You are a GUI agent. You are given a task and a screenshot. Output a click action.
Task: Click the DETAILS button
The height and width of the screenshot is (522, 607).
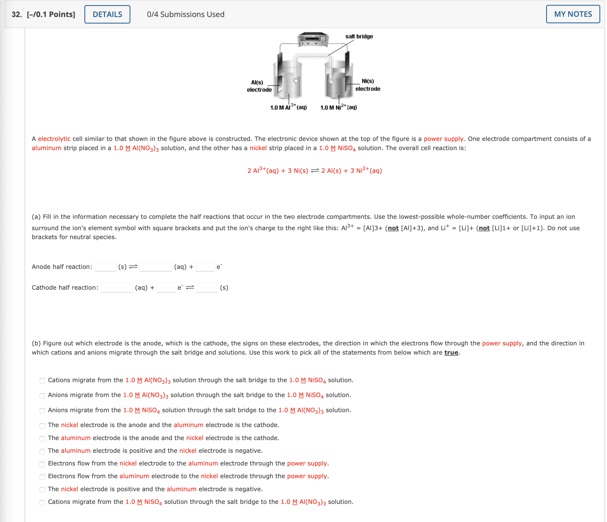tap(107, 14)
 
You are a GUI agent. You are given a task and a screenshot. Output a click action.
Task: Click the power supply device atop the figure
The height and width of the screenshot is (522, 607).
tap(313, 39)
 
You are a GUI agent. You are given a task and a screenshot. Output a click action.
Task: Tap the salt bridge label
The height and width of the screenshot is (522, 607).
tap(359, 36)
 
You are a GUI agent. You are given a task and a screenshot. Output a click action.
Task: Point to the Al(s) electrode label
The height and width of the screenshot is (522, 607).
tap(259, 86)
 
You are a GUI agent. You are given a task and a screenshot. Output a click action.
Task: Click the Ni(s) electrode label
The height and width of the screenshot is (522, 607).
tap(368, 85)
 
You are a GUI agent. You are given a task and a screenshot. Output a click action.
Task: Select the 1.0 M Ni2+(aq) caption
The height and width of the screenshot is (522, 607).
tap(338, 107)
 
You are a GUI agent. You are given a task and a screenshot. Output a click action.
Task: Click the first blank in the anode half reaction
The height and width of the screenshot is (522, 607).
tap(105, 267)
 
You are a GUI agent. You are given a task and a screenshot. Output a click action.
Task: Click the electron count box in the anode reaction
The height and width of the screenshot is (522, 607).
tap(205, 267)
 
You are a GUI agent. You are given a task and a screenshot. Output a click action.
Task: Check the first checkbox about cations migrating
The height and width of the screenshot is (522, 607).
tap(42, 381)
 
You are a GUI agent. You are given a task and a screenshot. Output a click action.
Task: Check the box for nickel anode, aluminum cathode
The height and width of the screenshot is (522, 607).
tap(42, 426)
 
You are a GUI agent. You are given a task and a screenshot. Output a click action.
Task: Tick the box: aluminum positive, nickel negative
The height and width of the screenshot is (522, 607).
tap(42, 451)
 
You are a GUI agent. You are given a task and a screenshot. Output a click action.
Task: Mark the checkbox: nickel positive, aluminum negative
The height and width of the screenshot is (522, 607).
tap(42, 490)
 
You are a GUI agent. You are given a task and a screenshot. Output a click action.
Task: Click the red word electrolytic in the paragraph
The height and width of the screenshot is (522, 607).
tap(54, 139)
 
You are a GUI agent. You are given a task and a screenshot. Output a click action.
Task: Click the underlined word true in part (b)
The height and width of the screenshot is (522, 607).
tap(451, 353)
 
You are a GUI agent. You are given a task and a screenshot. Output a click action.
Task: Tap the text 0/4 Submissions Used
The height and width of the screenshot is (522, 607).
tap(186, 14)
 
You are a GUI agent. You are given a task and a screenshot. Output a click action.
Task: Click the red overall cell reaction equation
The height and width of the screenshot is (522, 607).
tap(315, 170)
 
